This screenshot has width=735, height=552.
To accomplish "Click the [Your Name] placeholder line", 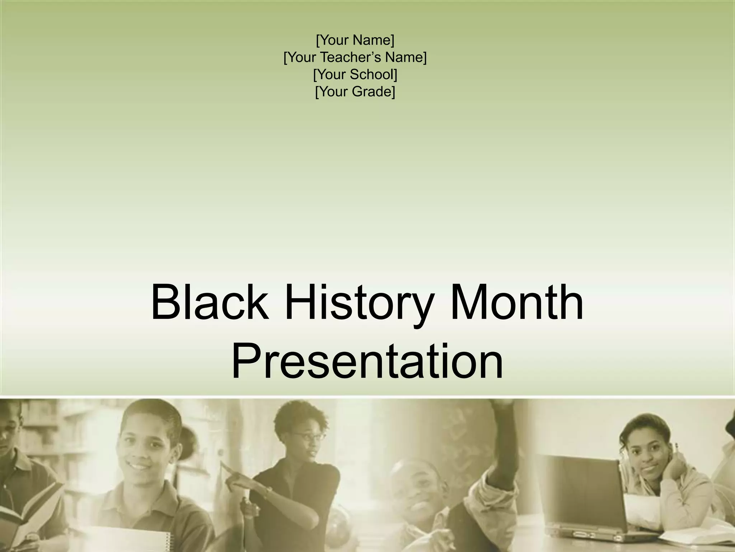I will coord(355,40).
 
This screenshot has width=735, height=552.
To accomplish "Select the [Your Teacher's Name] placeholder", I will coord(355,57).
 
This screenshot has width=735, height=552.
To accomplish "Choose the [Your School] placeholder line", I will coord(355,75).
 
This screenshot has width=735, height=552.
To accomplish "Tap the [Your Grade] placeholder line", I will coord(355,92).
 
